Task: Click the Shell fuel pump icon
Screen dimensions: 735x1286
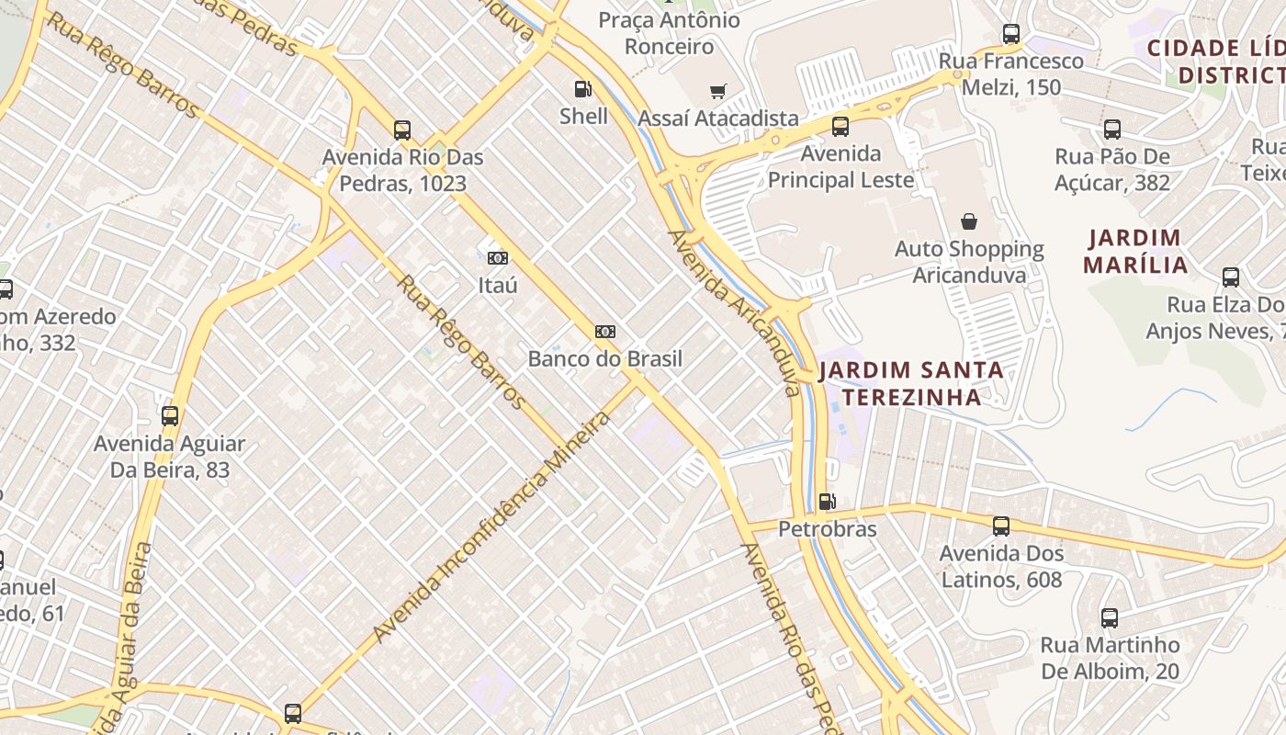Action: (582, 89)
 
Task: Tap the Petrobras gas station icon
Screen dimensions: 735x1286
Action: (827, 502)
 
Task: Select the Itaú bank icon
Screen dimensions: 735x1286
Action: (497, 258)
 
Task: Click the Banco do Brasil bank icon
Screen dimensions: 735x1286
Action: (604, 332)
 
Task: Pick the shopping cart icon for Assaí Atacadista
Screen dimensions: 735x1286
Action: (717, 91)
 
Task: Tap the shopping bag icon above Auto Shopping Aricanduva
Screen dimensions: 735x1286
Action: (968, 221)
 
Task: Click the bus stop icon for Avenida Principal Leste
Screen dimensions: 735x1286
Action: (840, 127)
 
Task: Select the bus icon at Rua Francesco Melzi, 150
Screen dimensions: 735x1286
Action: (1010, 34)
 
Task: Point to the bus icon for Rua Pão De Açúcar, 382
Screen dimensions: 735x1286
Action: (1111, 130)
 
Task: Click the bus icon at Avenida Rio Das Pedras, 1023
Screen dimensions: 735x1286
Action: (401, 130)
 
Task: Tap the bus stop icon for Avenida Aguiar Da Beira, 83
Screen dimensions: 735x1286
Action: (169, 416)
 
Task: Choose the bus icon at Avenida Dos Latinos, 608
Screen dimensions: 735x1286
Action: (1000, 526)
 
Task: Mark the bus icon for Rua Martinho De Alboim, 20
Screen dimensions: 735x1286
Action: (1109, 618)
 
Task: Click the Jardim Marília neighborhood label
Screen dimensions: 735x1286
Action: (1134, 252)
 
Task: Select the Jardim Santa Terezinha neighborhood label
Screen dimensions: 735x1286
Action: (910, 383)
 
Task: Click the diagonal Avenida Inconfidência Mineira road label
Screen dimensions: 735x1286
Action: (492, 527)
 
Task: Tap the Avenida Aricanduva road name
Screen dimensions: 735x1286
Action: (734, 312)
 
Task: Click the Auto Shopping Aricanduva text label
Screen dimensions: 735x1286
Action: (969, 262)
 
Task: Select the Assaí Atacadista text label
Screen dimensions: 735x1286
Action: (717, 119)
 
